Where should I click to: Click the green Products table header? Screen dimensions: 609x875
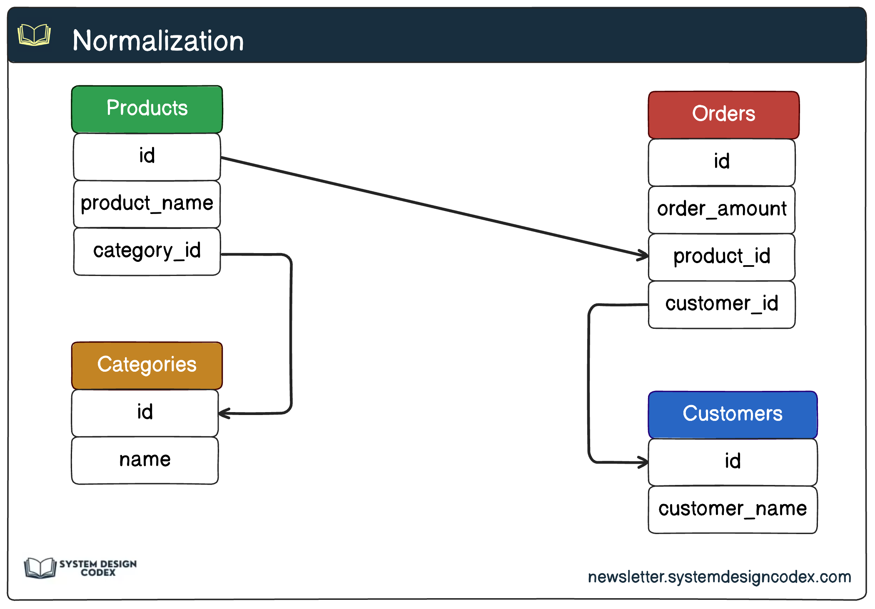coord(147,109)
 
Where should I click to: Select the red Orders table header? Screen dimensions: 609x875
coord(723,114)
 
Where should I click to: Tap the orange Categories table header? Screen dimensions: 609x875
coord(147,365)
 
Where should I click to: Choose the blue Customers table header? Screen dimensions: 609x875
coord(732,414)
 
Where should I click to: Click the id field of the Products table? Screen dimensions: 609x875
coord(147,156)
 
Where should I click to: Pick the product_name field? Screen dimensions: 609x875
coord(147,204)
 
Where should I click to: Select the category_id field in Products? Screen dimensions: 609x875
coord(147,251)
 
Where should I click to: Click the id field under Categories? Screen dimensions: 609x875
coord(145,413)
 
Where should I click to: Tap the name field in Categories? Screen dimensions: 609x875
coord(145,460)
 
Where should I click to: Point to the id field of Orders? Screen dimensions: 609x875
coord(721,162)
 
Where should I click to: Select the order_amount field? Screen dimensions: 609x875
coord(721,209)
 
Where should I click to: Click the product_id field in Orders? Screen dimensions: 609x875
coord(721,256)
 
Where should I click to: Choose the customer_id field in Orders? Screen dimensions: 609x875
coord(721,304)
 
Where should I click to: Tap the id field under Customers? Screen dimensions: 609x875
coord(732,462)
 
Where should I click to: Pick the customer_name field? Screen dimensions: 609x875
coord(732,509)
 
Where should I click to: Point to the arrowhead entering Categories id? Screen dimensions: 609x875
coord(224,413)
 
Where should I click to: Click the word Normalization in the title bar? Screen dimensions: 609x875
coord(158,41)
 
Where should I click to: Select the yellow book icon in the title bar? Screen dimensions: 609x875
coord(34,35)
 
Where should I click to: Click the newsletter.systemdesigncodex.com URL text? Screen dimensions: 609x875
coord(719,577)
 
